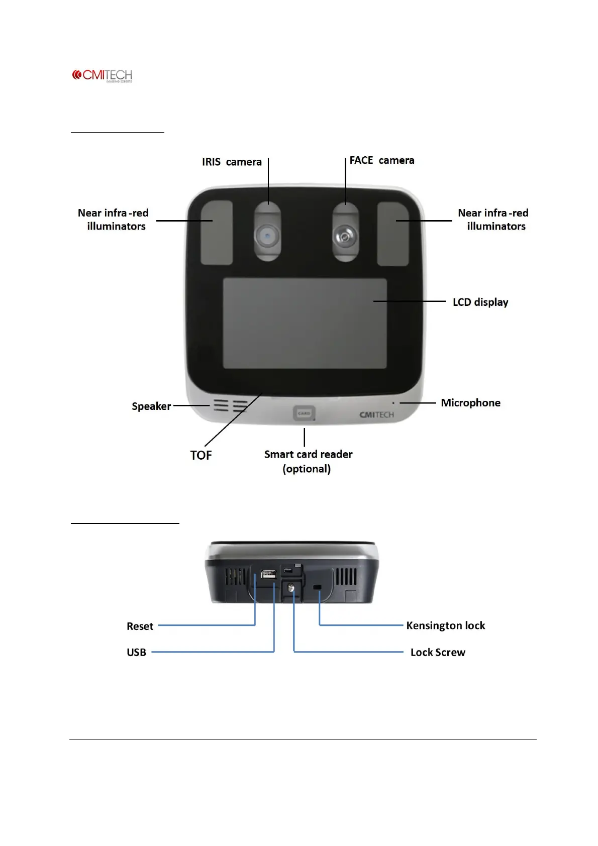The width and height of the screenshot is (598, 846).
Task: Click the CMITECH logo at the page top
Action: point(102,76)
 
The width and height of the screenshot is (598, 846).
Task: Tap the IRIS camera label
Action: point(232,162)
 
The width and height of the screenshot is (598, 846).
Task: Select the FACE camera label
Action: point(381,160)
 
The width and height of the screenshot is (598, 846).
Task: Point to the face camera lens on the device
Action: point(345,235)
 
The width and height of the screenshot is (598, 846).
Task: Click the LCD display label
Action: point(480,302)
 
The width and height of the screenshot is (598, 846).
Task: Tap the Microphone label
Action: point(470,403)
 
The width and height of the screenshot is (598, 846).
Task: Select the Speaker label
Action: point(151,406)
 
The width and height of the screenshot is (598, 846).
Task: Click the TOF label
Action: point(201,455)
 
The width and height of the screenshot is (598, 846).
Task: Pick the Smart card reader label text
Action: point(308,455)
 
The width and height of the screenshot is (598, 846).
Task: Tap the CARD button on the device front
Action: point(304,413)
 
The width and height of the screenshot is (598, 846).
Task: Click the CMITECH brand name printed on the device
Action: point(376,415)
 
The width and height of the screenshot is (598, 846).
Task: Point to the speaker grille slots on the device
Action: point(230,406)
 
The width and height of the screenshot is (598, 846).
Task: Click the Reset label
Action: point(140,626)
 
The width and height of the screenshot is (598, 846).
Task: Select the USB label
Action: point(136,653)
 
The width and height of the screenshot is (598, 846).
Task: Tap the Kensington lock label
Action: point(445,625)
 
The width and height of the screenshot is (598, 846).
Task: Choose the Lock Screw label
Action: point(438,653)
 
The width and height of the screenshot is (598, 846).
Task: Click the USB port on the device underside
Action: point(268,574)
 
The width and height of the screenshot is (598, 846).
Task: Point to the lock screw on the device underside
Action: point(291,587)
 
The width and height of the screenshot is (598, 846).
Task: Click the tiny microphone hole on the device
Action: point(393,403)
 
